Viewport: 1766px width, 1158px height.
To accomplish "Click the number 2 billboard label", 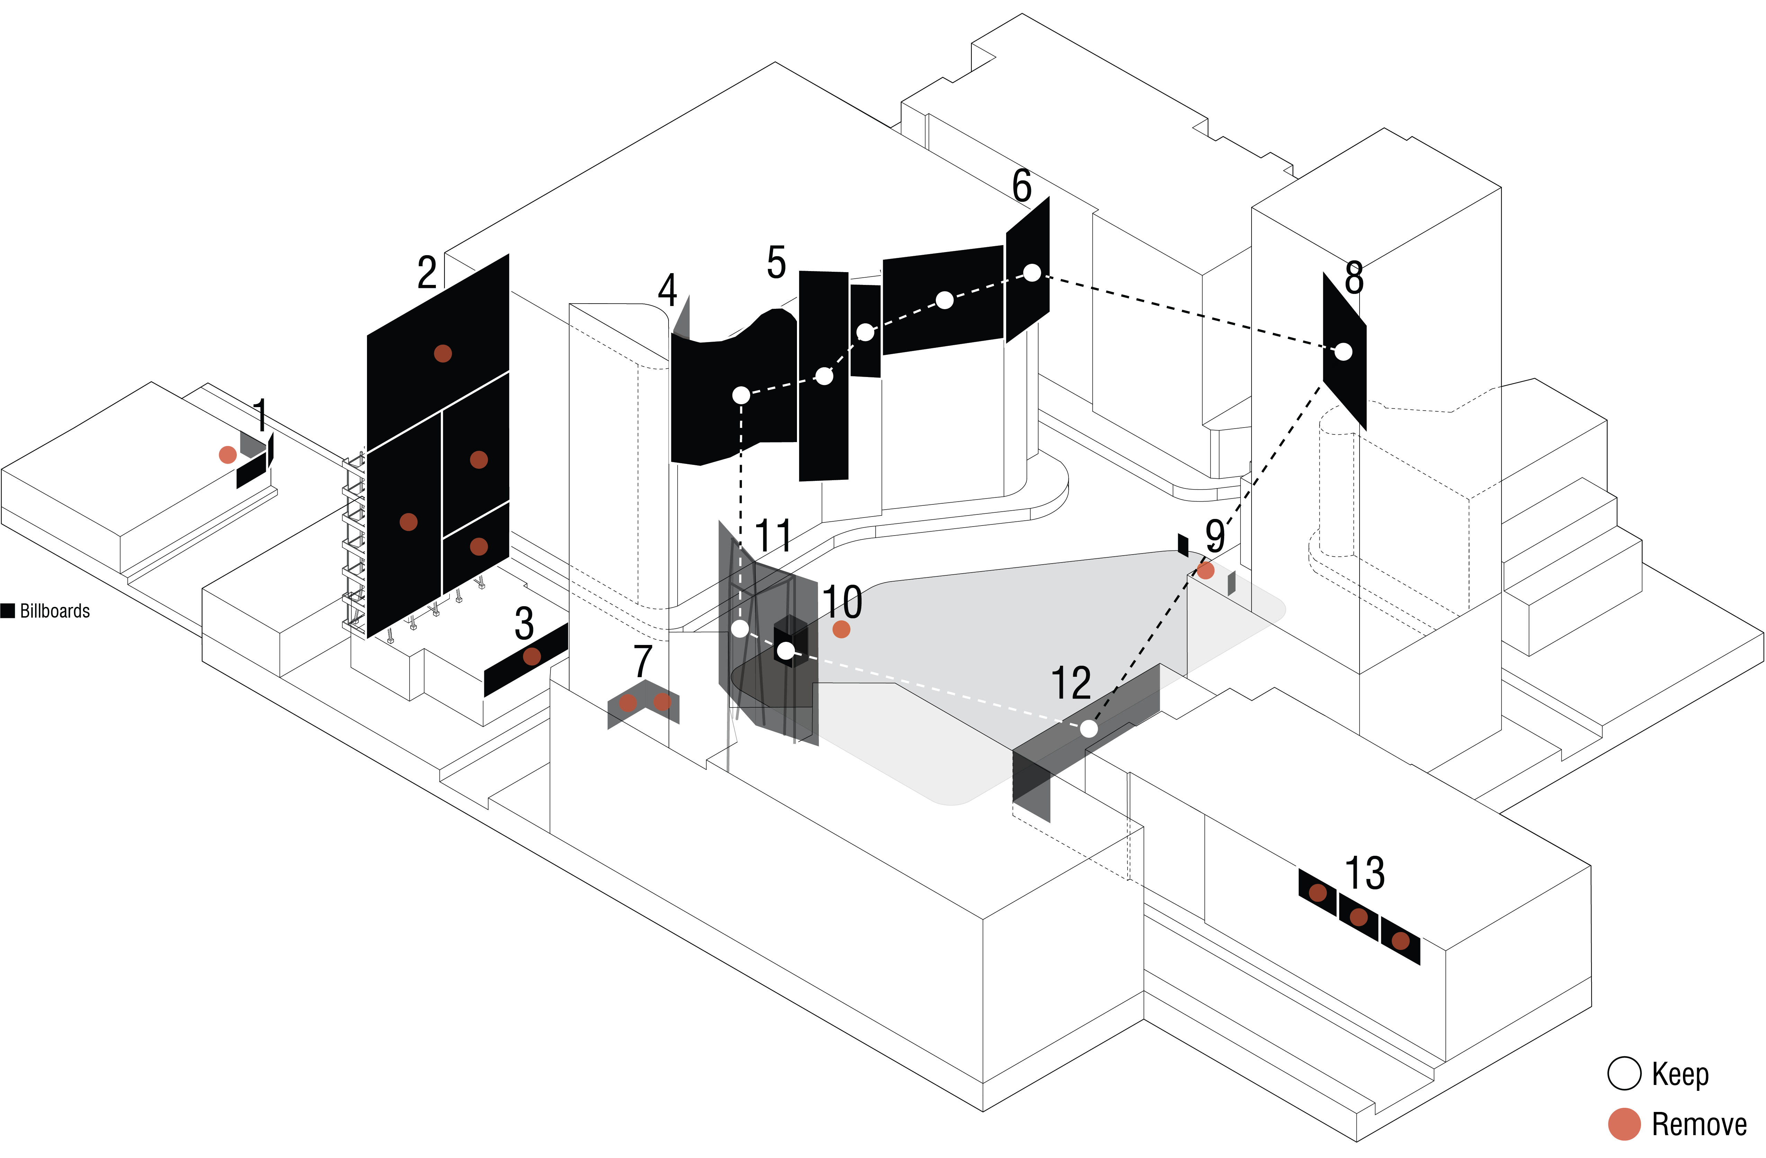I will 427,273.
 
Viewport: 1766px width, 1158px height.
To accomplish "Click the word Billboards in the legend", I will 55,611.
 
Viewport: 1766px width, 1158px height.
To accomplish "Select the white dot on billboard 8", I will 1343,352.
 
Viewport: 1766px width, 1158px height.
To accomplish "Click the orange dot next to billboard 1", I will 228,455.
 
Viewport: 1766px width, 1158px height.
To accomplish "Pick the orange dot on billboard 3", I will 531,656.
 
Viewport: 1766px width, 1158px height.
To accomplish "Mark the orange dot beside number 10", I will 841,629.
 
